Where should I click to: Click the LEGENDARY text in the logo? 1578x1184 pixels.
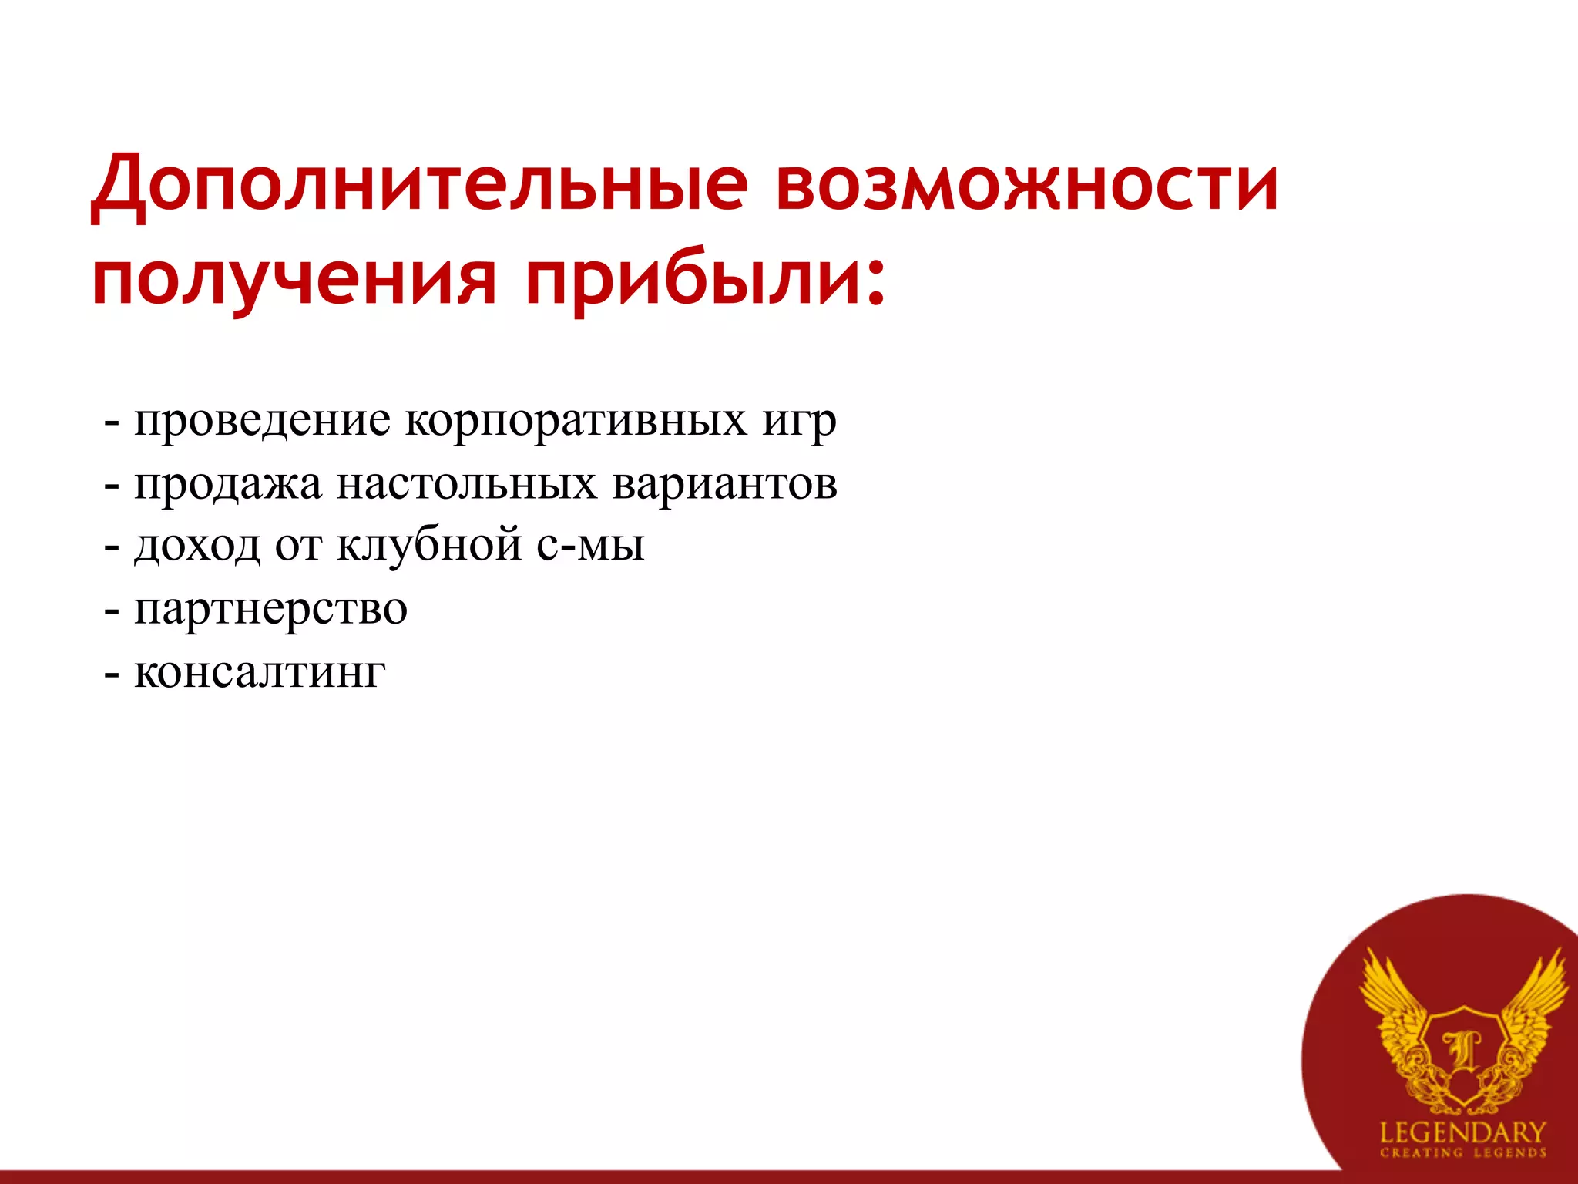[1462, 1132]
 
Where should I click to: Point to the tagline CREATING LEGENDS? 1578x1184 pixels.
[1462, 1153]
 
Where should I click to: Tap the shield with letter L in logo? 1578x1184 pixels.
[1462, 1052]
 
